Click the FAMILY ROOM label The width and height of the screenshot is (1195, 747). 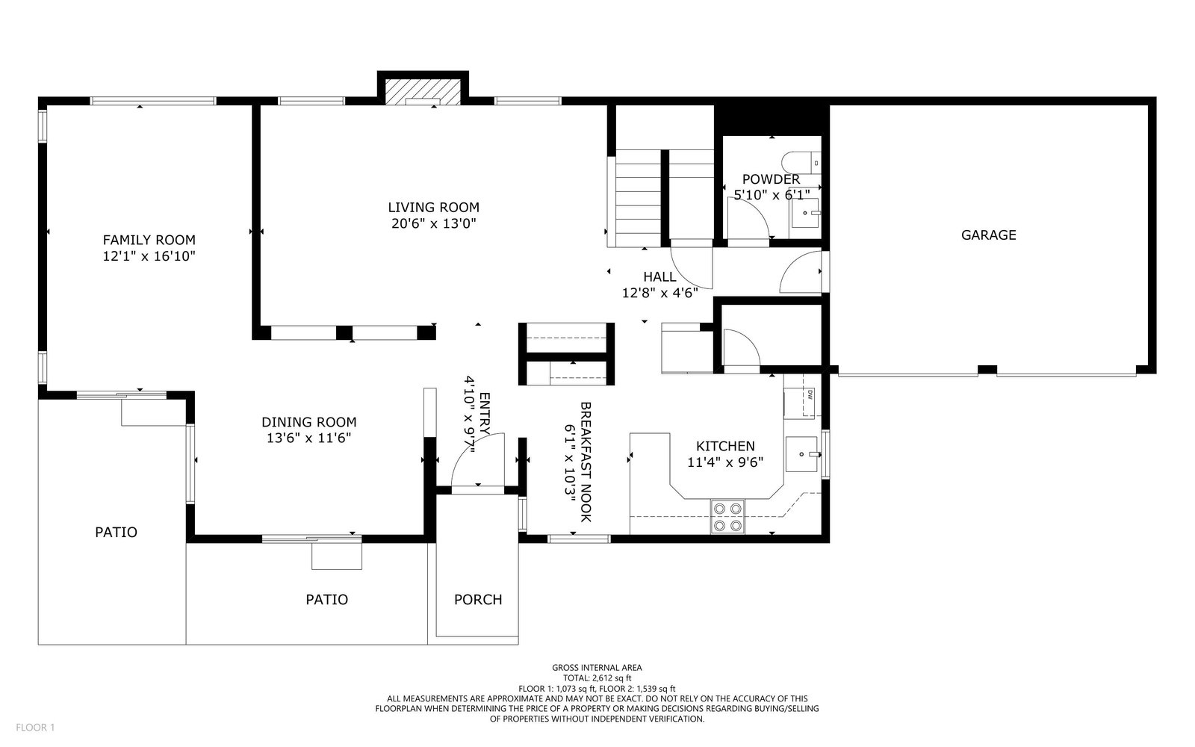click(x=149, y=240)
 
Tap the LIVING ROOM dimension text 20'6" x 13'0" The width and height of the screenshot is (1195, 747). click(x=434, y=223)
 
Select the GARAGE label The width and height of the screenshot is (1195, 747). click(x=989, y=235)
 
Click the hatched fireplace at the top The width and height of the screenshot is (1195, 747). click(x=423, y=93)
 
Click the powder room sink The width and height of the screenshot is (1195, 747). click(x=805, y=213)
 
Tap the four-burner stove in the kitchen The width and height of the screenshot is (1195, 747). click(x=727, y=516)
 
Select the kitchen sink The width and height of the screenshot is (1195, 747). click(x=801, y=454)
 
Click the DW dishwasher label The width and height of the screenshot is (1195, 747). click(x=810, y=395)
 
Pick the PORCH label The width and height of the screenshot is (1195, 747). click(x=478, y=600)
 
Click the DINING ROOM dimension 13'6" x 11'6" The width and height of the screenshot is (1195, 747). click(x=309, y=438)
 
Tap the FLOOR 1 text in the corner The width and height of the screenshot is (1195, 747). click(x=35, y=728)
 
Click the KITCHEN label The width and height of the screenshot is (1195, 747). click(x=725, y=446)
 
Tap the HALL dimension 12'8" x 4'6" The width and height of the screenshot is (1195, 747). click(x=660, y=293)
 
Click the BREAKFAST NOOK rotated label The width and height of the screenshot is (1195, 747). click(x=586, y=462)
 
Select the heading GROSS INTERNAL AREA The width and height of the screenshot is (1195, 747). click(x=597, y=668)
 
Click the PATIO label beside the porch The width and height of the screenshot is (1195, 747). click(x=327, y=600)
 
